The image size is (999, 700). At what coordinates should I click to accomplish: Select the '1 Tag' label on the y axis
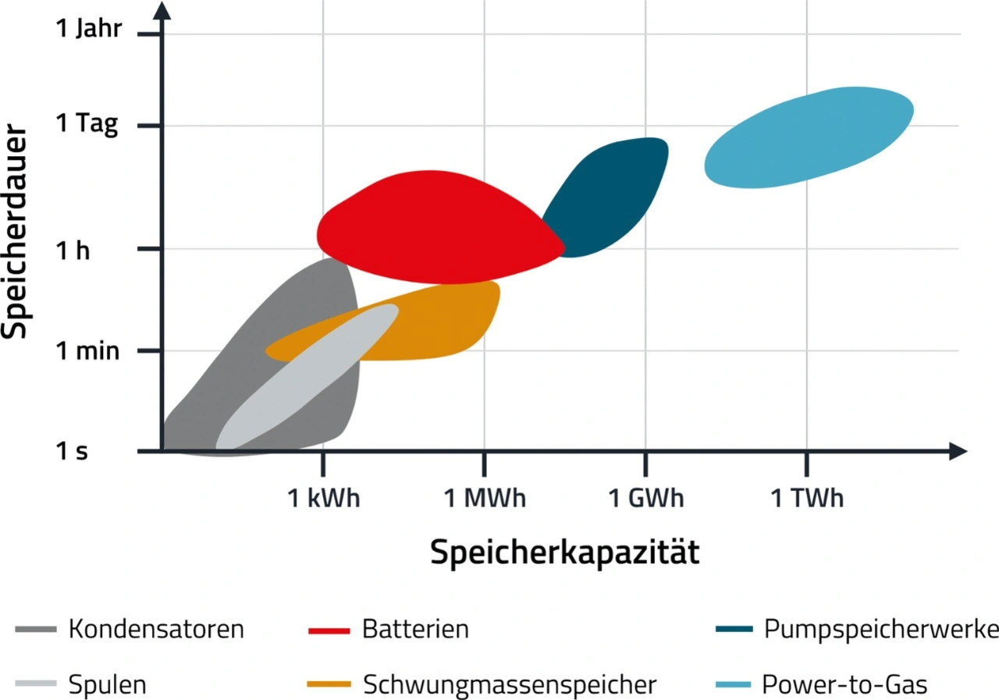click(x=87, y=125)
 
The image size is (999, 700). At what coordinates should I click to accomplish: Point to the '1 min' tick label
click(x=87, y=351)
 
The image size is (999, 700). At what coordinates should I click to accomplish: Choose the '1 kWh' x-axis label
click(x=324, y=498)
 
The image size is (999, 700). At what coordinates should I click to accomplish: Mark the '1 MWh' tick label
click(x=485, y=498)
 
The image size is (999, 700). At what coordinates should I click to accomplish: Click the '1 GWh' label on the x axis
click(x=645, y=498)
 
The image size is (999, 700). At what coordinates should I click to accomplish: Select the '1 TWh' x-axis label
click(x=807, y=498)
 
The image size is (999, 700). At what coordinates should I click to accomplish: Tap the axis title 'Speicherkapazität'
click(x=564, y=553)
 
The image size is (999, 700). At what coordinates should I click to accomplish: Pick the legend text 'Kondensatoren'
click(x=156, y=629)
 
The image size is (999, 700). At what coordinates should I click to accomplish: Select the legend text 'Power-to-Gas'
click(x=845, y=685)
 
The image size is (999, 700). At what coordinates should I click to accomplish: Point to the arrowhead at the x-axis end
click(x=960, y=451)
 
